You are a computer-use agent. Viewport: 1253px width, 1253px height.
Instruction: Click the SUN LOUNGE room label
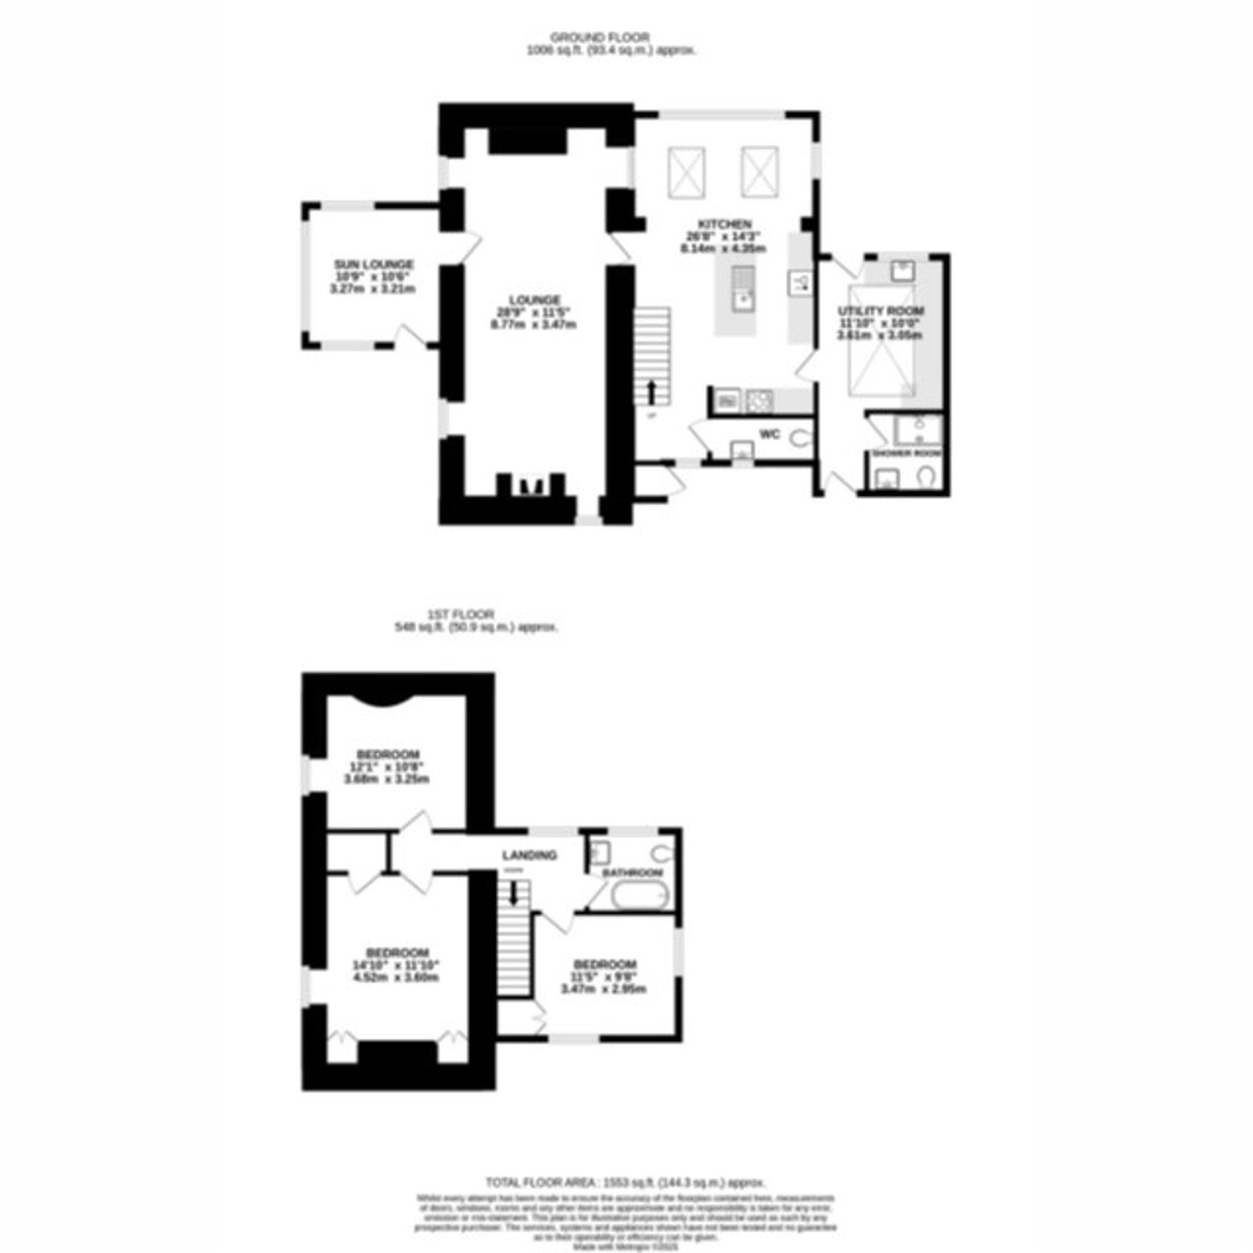point(373,264)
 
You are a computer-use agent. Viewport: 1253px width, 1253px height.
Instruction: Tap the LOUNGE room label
point(534,300)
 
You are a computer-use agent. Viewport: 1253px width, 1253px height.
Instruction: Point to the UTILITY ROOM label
point(880,311)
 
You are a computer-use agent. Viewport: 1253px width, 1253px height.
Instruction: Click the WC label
point(769,435)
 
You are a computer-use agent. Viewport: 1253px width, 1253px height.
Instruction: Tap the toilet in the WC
point(800,439)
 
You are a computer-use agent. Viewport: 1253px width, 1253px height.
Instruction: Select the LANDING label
point(529,855)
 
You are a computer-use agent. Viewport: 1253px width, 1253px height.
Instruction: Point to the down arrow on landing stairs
point(514,895)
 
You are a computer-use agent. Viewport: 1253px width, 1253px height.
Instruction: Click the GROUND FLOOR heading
point(600,38)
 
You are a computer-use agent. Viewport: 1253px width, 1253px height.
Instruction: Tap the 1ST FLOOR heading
point(461,614)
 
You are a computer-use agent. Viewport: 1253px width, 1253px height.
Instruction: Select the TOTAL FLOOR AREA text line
point(626,1182)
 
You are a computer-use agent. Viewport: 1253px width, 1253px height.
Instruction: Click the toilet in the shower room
point(925,477)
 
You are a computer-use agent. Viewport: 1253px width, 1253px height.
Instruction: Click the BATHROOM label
point(632,873)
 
